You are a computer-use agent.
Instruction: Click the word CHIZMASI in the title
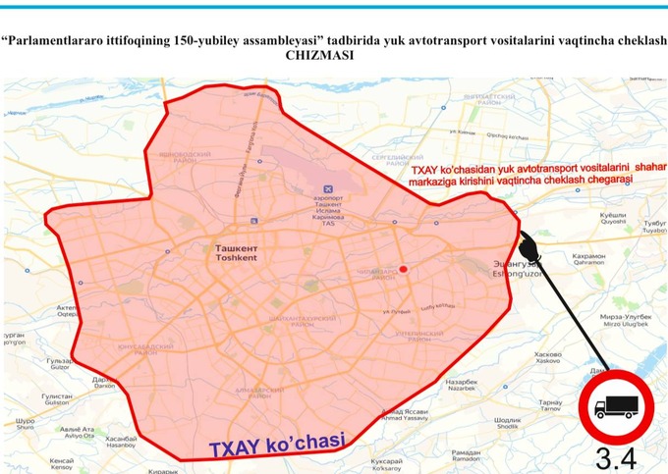(x=318, y=56)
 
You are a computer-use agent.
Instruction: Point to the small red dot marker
(x=403, y=269)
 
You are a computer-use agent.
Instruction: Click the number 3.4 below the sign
(x=616, y=457)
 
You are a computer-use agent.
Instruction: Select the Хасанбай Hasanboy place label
(x=120, y=442)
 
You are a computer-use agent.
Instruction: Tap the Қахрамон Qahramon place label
(x=588, y=259)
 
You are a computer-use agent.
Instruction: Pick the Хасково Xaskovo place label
(x=547, y=357)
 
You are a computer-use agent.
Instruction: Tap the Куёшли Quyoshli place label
(x=613, y=218)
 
